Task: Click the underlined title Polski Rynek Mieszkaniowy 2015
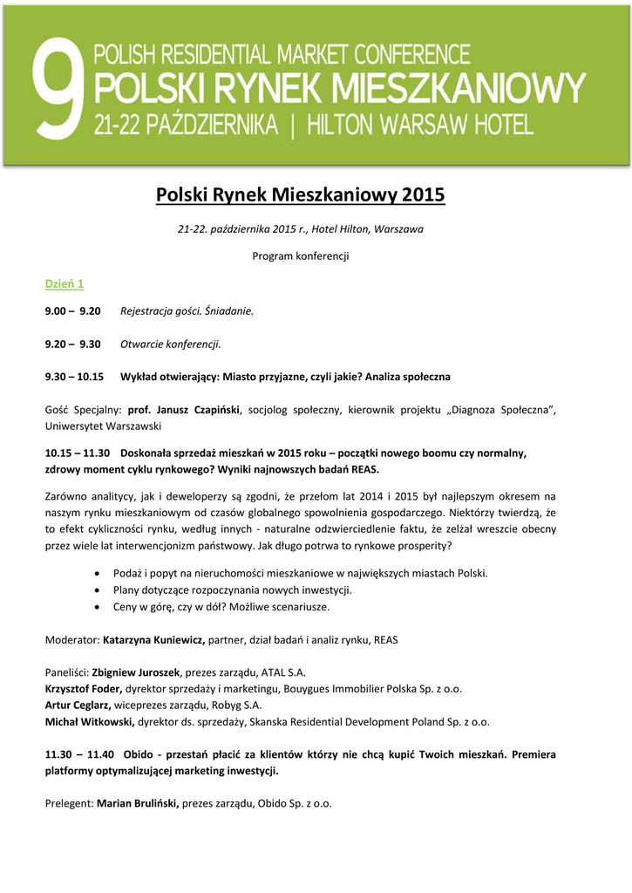300,194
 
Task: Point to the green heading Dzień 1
65,284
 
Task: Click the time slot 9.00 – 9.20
73,311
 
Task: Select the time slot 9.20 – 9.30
73,344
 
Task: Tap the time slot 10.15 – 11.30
78,453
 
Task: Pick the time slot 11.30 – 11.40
79,754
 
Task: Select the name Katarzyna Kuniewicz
153,639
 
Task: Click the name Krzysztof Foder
83,689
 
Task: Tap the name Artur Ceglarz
78,706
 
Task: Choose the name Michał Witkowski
89,722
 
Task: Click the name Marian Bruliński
138,803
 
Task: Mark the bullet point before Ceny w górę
95,606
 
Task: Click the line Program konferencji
300,256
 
